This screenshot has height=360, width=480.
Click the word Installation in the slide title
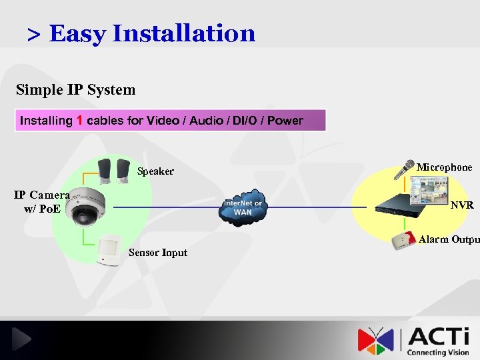click(184, 33)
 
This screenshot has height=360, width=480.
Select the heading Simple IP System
click(75, 90)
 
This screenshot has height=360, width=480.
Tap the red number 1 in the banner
click(79, 121)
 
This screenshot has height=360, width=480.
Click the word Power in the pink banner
click(285, 121)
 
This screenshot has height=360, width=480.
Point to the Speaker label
click(155, 171)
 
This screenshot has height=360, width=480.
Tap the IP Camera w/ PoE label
click(42, 201)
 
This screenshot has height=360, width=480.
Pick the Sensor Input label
click(158, 253)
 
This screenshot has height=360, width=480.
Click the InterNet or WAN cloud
click(243, 207)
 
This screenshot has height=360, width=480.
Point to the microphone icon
click(403, 170)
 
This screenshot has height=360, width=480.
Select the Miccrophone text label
click(444, 167)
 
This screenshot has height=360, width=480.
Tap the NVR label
click(462, 205)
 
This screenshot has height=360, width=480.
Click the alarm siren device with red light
click(403, 240)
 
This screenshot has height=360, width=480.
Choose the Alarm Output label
click(449, 239)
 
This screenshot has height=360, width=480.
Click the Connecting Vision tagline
click(438, 352)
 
